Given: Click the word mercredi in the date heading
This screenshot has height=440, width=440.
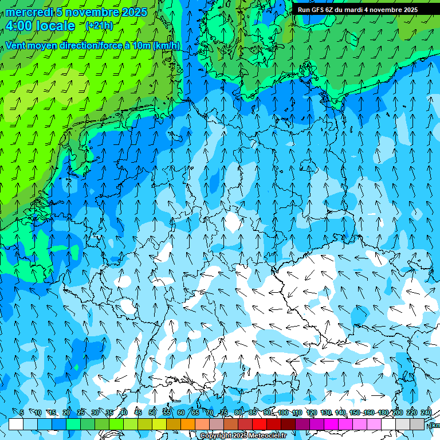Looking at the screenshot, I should (29, 12).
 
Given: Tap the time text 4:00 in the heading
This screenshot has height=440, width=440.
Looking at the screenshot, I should (21, 26).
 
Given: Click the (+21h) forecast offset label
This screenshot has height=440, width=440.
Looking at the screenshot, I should (99, 26).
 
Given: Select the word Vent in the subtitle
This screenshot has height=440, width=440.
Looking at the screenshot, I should (17, 45).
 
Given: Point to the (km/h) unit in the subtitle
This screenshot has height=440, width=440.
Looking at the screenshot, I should (166, 45).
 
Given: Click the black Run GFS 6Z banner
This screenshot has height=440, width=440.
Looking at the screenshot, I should (357, 9).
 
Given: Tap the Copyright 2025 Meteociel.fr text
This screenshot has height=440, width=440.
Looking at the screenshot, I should (243, 436).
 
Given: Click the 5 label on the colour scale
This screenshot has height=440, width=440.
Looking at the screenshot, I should (22, 412).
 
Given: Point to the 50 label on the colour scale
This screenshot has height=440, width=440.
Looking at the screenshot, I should (152, 412).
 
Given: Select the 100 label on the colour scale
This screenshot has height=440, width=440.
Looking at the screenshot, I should (283, 412).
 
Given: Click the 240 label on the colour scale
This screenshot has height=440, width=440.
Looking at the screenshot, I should (426, 412).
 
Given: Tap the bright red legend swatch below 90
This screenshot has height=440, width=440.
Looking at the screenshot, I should (260, 424).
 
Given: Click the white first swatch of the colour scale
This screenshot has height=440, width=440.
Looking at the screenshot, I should (16, 424).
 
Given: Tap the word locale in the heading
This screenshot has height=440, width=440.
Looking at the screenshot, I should (56, 26).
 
